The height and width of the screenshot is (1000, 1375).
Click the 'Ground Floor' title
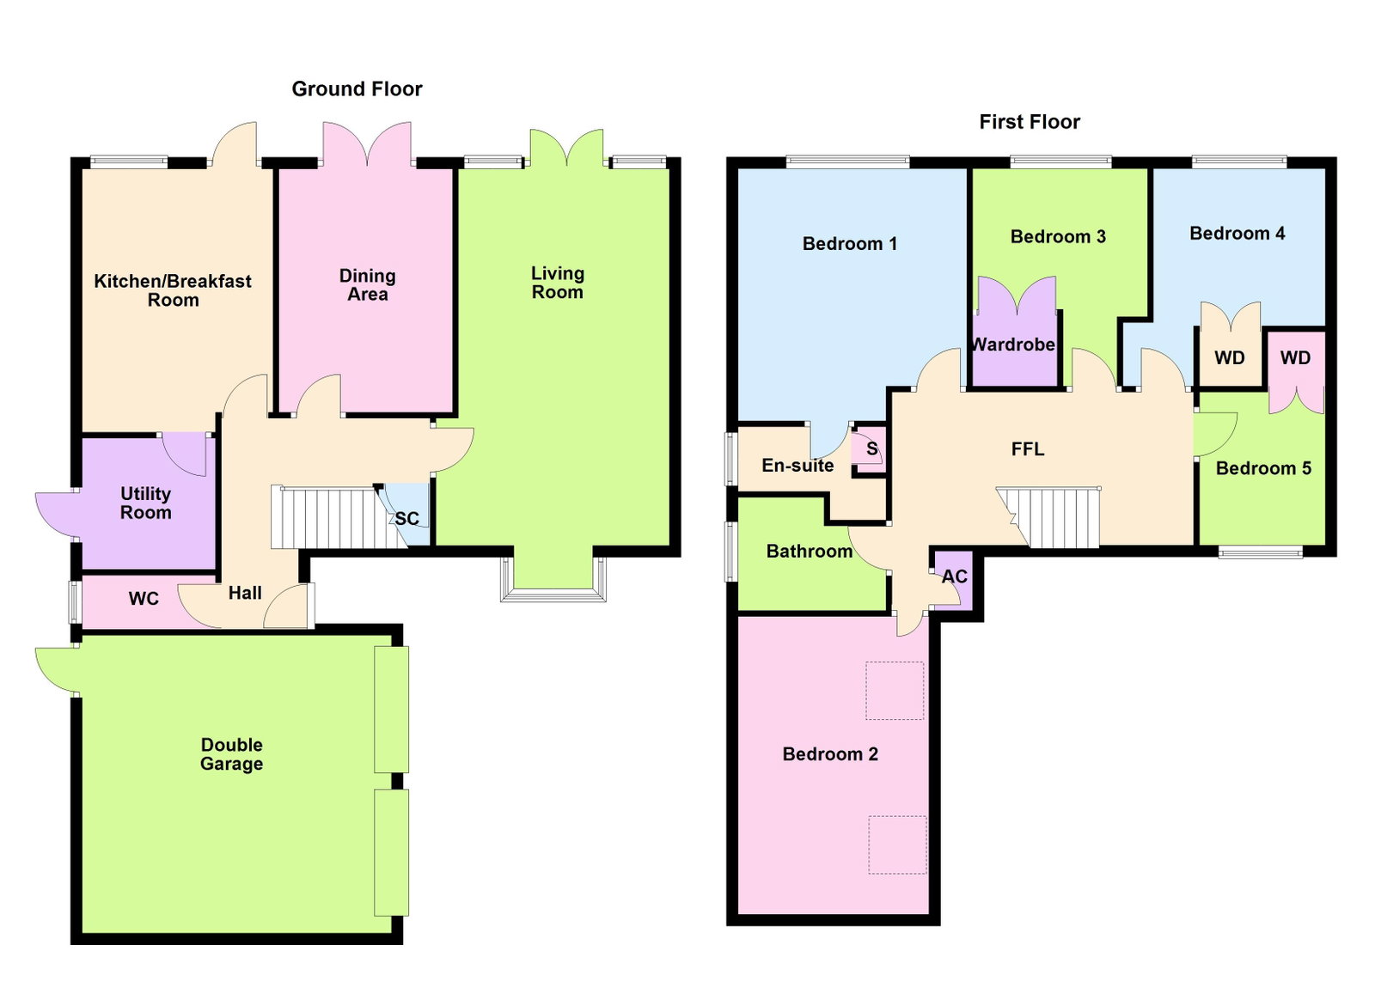[x=357, y=89]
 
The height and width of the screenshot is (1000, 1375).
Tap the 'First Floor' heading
[x=1030, y=122]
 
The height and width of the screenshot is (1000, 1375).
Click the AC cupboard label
[x=955, y=576]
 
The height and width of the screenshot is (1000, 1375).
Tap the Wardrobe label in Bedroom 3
[x=1013, y=345]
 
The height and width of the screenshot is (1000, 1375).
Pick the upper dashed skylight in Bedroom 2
[x=895, y=690]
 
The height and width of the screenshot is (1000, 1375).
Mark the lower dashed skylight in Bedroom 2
[x=897, y=845]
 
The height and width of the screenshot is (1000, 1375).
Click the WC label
[x=144, y=599]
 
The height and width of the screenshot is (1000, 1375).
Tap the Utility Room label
[x=145, y=503]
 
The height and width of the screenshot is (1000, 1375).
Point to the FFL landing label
[x=1028, y=449]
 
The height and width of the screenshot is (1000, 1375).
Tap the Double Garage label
[x=231, y=754]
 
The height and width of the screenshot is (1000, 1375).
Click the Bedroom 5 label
[x=1263, y=469]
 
